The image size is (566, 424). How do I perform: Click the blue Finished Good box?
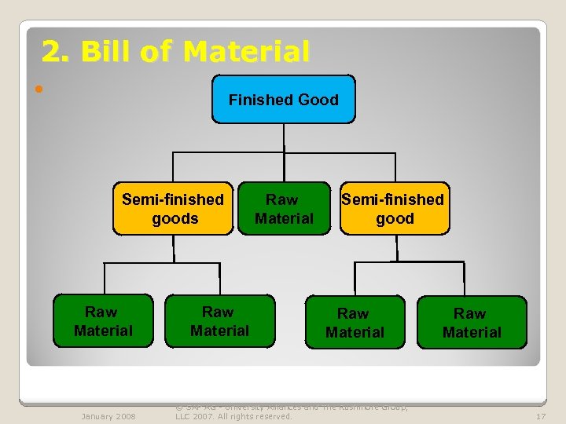click(x=283, y=99)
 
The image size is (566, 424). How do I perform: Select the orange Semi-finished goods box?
click(x=173, y=210)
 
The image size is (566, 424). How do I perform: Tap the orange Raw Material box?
click(x=284, y=210)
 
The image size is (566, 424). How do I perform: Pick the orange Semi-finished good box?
click(x=394, y=210)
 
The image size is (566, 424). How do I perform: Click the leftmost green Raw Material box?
click(x=103, y=321)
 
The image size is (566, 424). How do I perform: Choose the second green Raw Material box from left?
click(x=219, y=321)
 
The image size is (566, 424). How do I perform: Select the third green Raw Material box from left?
click(x=355, y=322)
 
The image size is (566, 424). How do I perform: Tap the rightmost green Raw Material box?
click(x=472, y=322)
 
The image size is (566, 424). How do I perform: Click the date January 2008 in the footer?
click(x=108, y=416)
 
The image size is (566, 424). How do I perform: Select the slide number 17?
click(x=541, y=416)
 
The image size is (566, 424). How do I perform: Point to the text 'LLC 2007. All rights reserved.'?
click(x=233, y=416)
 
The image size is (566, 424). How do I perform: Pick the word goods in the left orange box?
click(x=175, y=219)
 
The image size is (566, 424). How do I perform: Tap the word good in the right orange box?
click(x=395, y=219)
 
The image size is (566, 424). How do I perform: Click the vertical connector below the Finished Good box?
click(x=284, y=137)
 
